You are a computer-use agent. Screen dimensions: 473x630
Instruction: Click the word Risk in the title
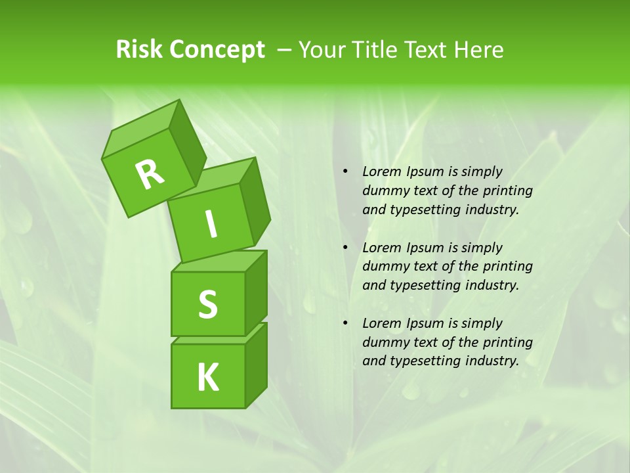(x=139, y=50)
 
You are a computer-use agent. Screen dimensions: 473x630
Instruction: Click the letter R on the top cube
(x=150, y=174)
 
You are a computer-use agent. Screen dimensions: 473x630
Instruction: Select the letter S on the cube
(x=207, y=304)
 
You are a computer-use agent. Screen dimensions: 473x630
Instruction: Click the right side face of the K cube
(x=256, y=365)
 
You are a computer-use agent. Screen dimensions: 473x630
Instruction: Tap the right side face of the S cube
(x=256, y=292)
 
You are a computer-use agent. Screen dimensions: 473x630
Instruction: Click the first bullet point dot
(x=345, y=171)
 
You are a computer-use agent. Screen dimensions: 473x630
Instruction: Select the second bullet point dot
(x=345, y=248)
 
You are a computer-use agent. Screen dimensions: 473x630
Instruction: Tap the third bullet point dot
(x=345, y=323)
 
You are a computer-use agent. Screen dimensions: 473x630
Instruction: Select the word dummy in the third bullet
(x=383, y=342)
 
